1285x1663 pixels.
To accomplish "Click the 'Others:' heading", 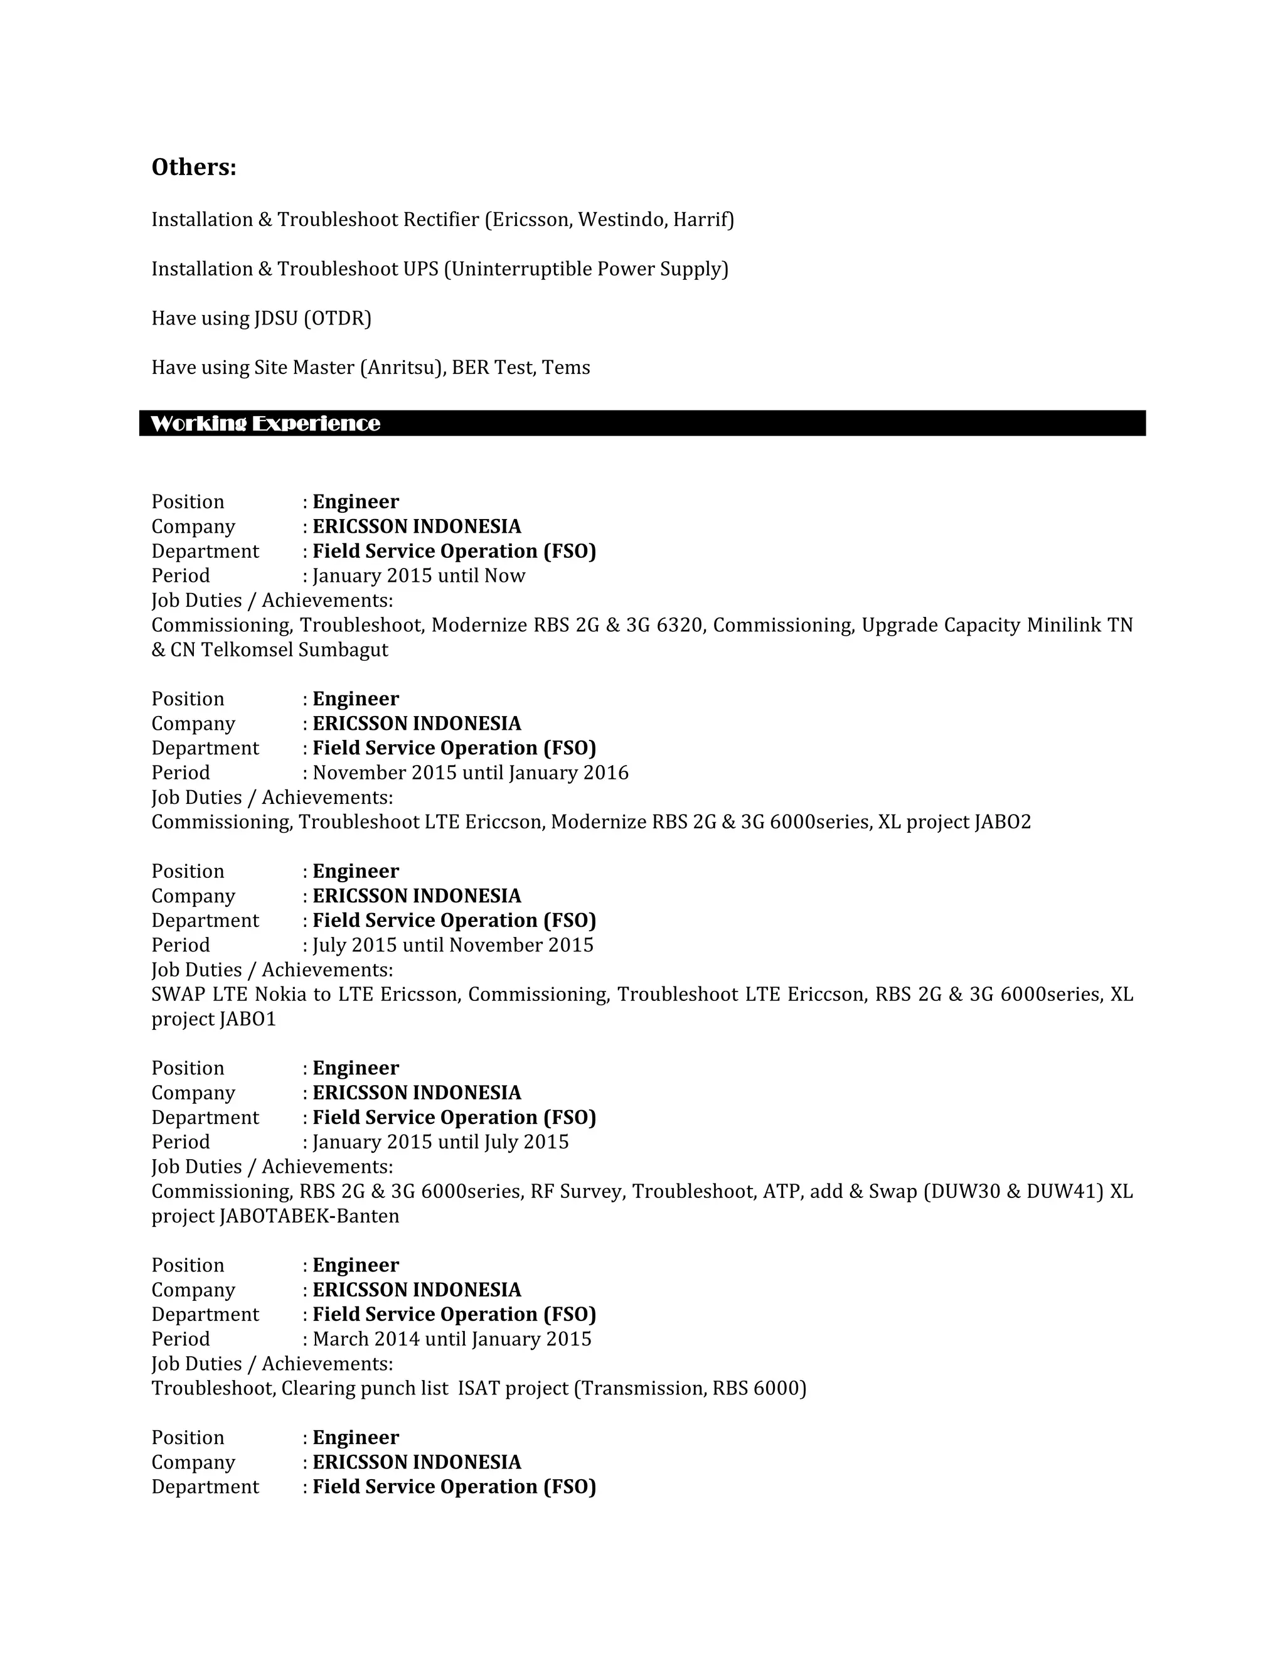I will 193,167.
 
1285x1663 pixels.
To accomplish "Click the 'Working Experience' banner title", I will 265,424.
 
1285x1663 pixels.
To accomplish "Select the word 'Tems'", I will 565,368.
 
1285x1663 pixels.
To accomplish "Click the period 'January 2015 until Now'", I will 419,575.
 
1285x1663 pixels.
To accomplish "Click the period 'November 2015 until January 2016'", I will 471,773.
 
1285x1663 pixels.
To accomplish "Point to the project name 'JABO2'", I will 1003,822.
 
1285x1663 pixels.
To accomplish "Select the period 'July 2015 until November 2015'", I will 453,945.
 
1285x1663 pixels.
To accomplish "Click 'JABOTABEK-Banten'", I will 309,1216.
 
